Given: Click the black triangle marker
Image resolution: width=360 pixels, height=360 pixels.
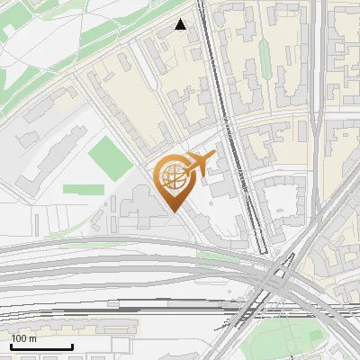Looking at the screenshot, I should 181,25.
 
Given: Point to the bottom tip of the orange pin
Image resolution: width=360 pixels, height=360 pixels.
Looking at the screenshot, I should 173,213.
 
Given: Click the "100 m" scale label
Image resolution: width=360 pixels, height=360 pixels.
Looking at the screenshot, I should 24,338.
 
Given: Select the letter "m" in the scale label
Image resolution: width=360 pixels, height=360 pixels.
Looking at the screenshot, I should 33,338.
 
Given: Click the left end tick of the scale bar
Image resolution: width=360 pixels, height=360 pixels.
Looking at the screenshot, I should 11,346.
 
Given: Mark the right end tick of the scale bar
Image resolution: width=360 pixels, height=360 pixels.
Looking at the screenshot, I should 72,346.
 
